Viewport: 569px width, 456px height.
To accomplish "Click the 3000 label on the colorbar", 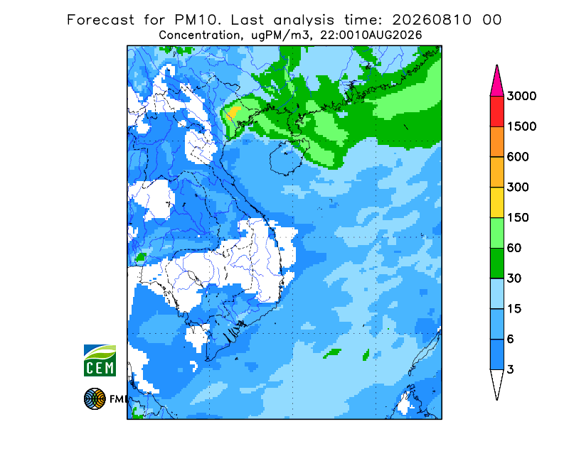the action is pos(521,96).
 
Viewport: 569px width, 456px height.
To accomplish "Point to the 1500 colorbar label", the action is pos(521,126).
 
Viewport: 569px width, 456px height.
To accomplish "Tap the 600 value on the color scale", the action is pos(518,157).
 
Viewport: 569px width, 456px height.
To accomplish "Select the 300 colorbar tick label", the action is pos(518,188).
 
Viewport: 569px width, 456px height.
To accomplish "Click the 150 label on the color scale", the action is pos(518,218).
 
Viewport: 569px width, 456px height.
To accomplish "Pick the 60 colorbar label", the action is pos(514,249).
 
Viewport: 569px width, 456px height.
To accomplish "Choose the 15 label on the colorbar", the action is pos(514,309).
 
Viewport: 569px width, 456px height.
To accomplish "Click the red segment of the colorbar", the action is pos(496,112).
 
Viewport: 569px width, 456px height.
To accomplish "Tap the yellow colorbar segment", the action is pos(496,202).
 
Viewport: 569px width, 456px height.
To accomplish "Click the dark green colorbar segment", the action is pos(496,264).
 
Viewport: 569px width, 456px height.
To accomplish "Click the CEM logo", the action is pos(100,360).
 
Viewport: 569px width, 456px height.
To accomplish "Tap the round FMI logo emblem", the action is pos(95,398).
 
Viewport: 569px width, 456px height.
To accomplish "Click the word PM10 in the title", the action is pos(198,20).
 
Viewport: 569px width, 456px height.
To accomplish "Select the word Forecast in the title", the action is pos(100,20).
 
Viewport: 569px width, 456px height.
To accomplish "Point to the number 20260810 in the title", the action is pos(432,20).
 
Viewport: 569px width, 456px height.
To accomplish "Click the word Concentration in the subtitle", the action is pos(199,36).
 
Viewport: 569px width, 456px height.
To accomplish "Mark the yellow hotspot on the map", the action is pos(233,112).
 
